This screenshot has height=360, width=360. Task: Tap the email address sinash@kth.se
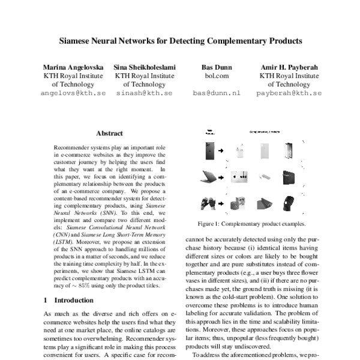point(143,94)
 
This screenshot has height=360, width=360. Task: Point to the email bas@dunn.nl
point(216,94)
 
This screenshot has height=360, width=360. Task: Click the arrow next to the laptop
point(221,178)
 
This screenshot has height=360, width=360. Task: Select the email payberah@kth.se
point(289,94)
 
